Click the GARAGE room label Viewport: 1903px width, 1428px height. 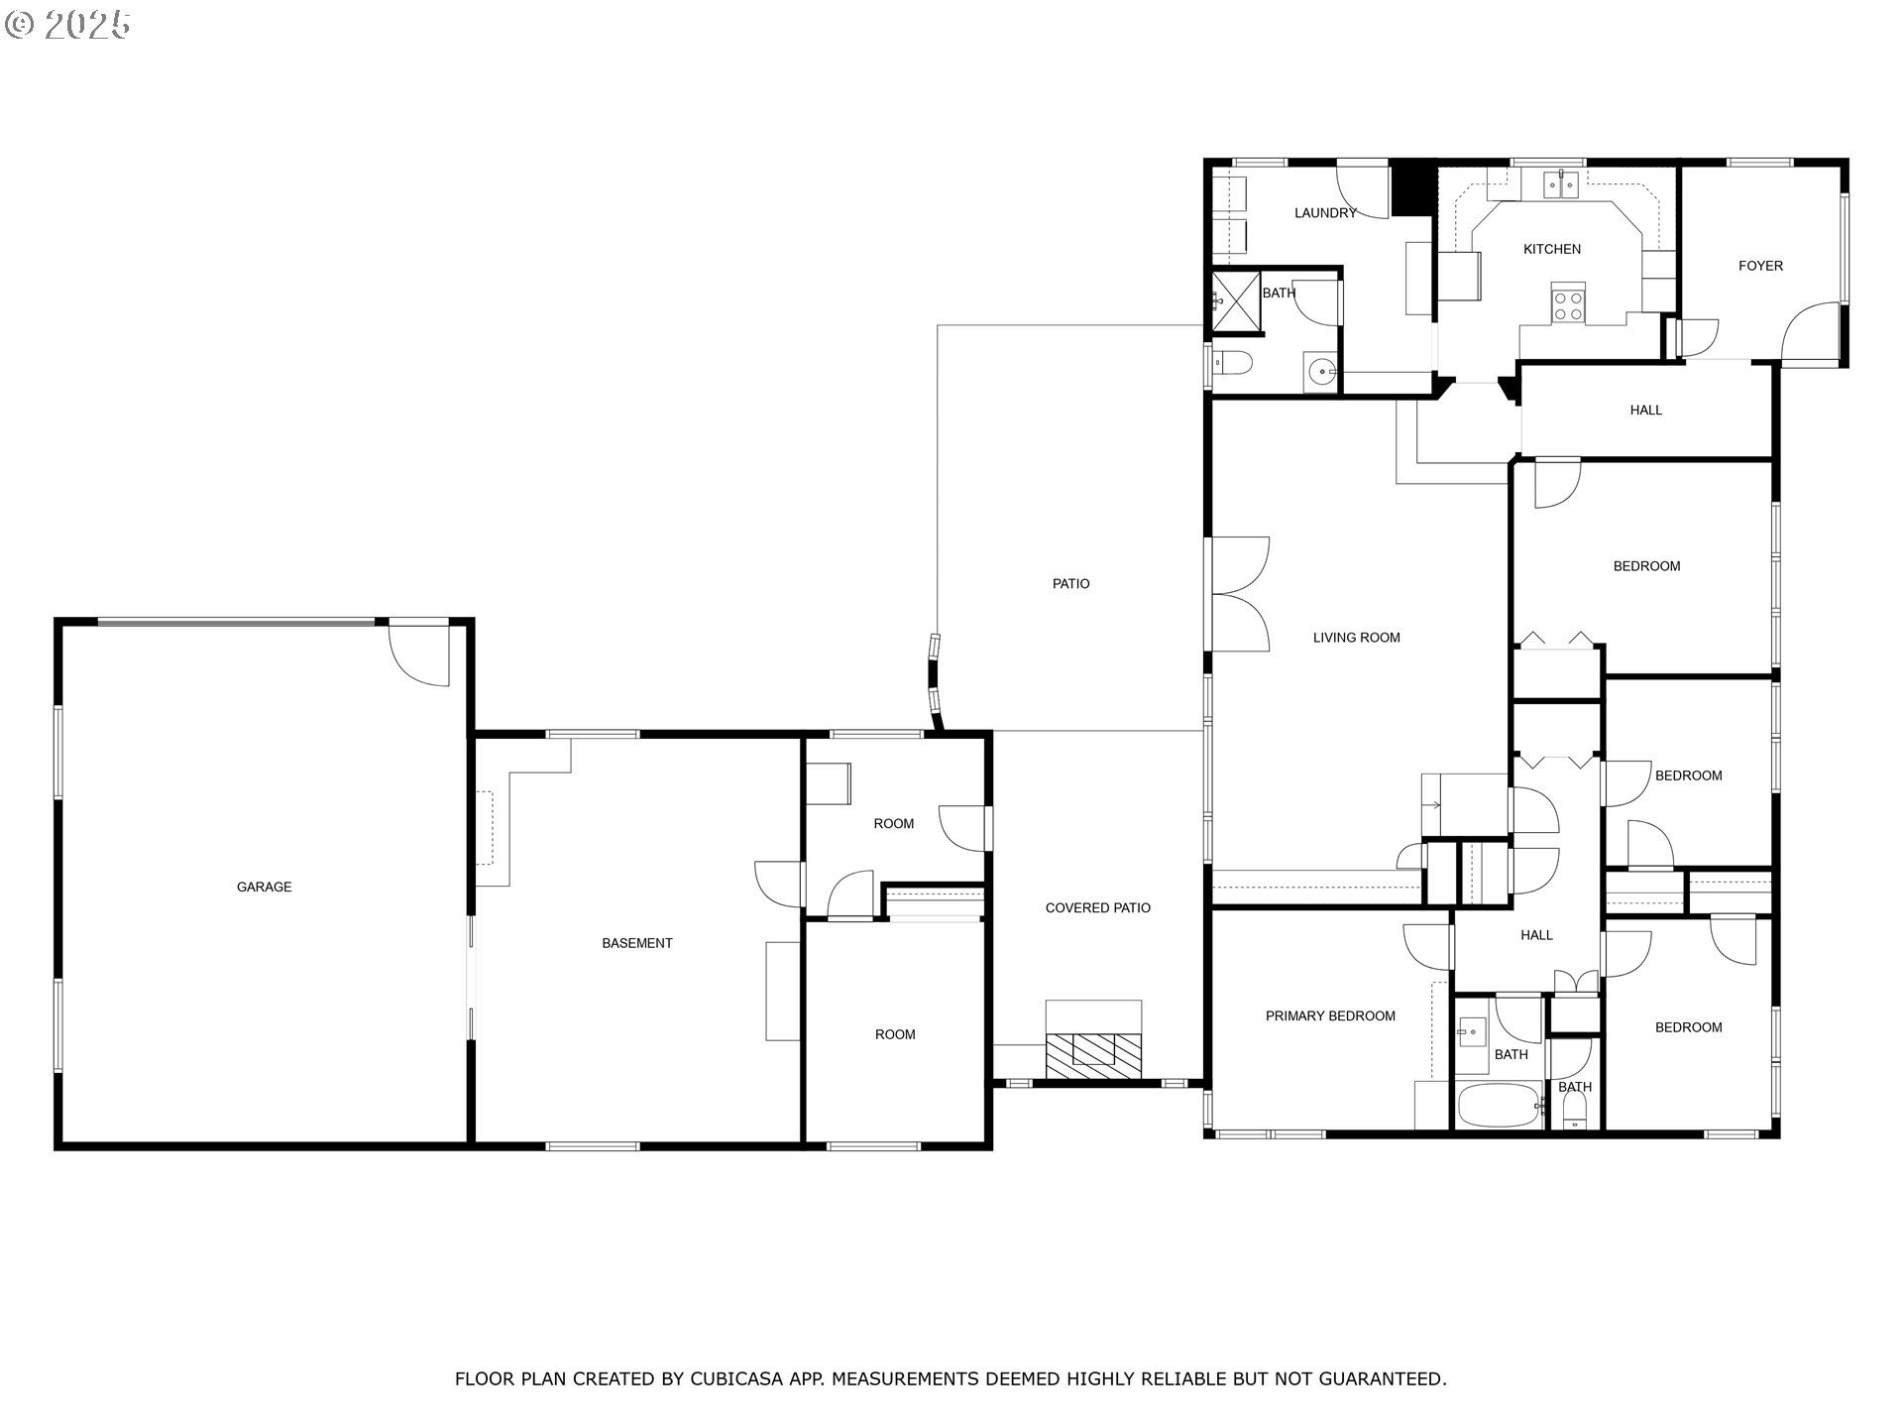point(264,887)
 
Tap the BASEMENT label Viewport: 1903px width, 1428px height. point(636,943)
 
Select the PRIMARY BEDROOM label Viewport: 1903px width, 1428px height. point(1329,1015)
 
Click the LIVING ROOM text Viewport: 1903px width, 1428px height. point(1356,638)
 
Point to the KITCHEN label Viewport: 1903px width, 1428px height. point(1551,249)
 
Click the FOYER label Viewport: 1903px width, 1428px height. point(1760,266)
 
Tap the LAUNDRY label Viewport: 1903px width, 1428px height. point(1324,213)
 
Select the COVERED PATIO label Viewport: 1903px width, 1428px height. point(1097,907)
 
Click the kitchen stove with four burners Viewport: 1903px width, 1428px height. point(1568,302)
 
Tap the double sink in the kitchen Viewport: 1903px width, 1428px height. point(1562,184)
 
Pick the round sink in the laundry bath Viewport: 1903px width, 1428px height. point(1320,373)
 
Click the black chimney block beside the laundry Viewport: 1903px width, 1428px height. point(1413,188)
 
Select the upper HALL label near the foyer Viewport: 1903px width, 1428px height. point(1645,410)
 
